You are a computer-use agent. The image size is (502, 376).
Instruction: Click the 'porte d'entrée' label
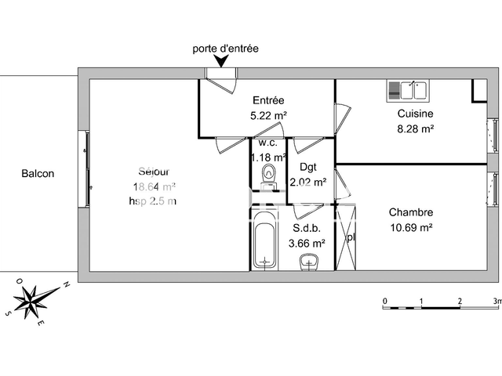click(x=225, y=49)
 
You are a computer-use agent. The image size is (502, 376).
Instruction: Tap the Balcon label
click(x=38, y=174)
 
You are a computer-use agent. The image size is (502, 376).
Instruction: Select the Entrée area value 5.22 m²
click(x=267, y=115)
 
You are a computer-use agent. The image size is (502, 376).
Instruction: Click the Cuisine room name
click(x=415, y=114)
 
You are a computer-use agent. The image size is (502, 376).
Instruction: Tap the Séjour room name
click(x=154, y=172)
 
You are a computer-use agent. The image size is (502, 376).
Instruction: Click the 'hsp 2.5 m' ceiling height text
click(x=154, y=201)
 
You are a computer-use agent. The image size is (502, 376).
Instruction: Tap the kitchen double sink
click(x=406, y=91)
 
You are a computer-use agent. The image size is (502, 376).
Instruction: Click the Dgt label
click(x=307, y=167)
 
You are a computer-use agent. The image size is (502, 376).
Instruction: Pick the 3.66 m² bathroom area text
click(x=307, y=243)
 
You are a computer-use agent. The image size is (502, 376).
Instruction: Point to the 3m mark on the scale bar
click(x=497, y=301)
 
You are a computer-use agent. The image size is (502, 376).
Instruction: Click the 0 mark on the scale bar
click(x=384, y=301)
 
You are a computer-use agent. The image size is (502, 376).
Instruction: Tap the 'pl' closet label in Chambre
click(x=351, y=237)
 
